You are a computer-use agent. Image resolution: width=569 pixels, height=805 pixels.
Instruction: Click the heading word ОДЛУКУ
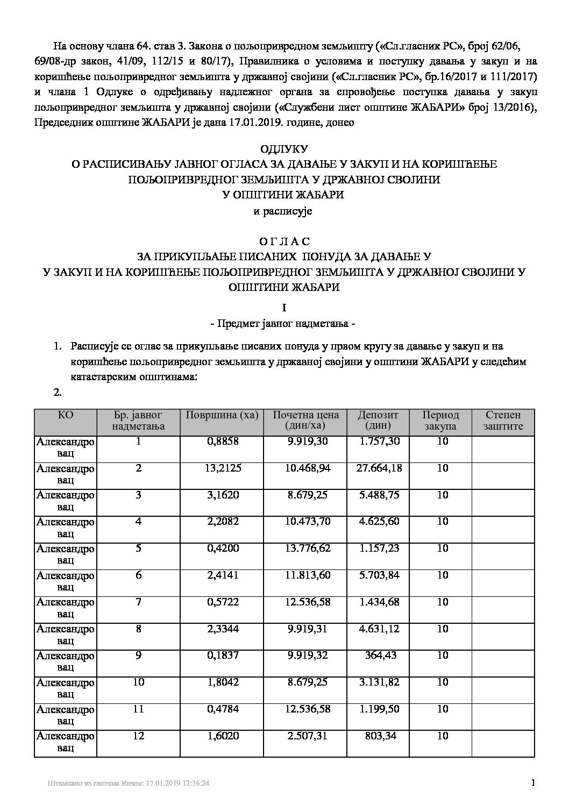[283, 148]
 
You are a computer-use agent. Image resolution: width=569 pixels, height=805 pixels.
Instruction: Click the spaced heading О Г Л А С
[283, 241]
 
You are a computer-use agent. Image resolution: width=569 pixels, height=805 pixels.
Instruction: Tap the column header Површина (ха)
[222, 415]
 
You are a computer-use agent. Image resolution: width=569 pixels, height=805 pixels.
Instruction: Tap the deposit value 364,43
[382, 656]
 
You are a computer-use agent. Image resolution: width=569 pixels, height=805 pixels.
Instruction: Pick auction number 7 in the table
[139, 602]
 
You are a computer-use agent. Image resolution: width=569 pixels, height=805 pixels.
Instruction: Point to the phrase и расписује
[283, 211]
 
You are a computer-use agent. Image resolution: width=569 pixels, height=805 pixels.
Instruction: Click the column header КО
[65, 415]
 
